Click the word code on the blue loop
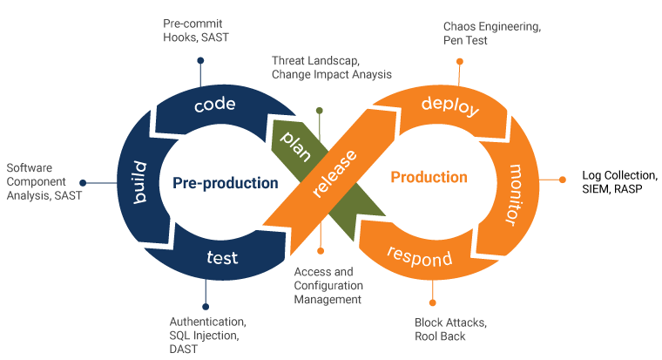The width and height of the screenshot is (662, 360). pyautogui.click(x=215, y=105)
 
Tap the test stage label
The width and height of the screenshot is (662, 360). pyautogui.click(x=222, y=258)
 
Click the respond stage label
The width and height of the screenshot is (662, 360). pyautogui.click(x=419, y=258)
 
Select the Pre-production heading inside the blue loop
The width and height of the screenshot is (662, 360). pyautogui.click(x=225, y=183)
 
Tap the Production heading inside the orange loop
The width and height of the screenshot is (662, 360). pyautogui.click(x=429, y=178)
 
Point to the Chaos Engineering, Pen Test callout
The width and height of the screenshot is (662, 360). pyautogui.click(x=491, y=34)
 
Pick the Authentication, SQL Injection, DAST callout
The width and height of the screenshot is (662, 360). pyautogui.click(x=207, y=335)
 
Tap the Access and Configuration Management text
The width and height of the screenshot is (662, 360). pyautogui.click(x=328, y=285)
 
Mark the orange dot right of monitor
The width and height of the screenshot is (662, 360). pyautogui.click(x=563, y=180)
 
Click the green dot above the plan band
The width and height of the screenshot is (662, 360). pyautogui.click(x=320, y=111)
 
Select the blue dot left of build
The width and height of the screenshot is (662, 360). pyautogui.click(x=83, y=183)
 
